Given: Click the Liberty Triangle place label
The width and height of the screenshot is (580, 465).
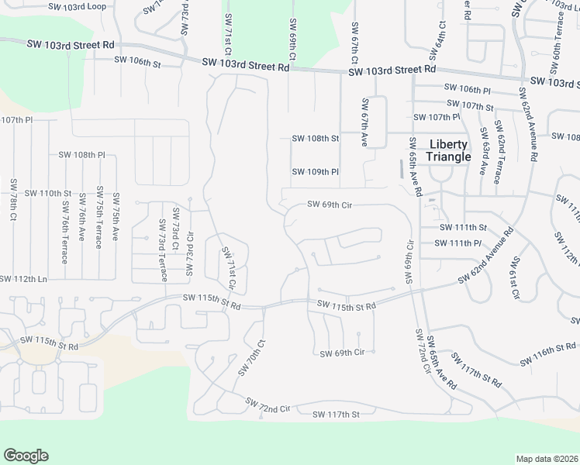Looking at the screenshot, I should tap(449, 150).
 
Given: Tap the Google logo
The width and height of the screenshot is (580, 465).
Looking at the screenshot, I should tap(26, 456).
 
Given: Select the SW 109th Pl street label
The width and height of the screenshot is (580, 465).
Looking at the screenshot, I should tap(316, 171).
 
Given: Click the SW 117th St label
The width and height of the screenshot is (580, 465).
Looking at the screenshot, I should tap(336, 415).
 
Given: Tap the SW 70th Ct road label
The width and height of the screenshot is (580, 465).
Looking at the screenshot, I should tap(252, 357).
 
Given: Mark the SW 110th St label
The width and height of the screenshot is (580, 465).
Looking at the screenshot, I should tap(48, 193).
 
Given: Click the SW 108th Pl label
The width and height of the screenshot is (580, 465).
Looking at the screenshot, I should tap(81, 155).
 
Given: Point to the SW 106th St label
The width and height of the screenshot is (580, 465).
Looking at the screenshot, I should tap(137, 60).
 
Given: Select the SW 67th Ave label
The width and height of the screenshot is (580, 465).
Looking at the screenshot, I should tap(364, 122).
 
